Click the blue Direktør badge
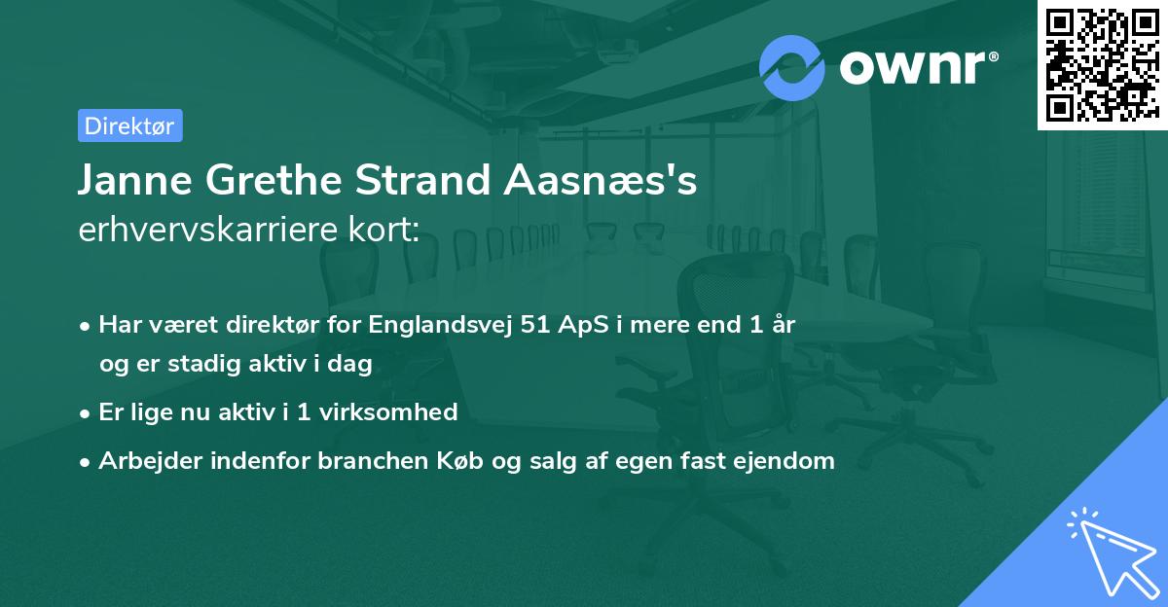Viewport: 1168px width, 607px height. tap(129, 125)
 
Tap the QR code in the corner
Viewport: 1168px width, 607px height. tap(1102, 65)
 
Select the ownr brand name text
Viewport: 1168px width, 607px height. tap(917, 66)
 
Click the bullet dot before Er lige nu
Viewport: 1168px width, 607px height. tap(86, 412)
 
